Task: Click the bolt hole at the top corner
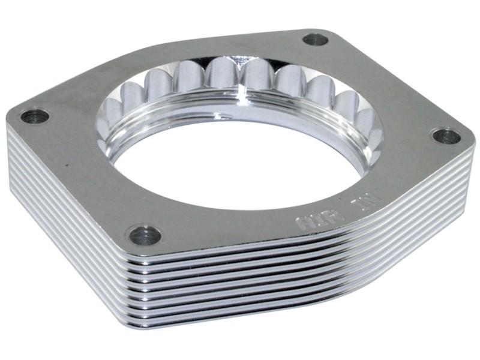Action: (315, 40)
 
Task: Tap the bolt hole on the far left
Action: (35, 116)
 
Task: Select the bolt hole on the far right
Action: (446, 136)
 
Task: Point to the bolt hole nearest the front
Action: (145, 235)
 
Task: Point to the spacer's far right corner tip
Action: (475, 144)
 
